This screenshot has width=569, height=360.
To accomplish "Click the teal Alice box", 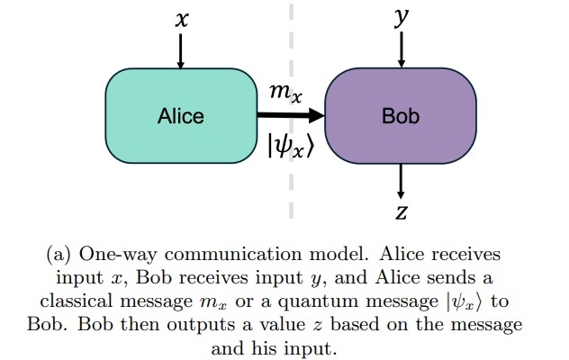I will coord(181,116).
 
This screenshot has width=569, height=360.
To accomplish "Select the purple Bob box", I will coord(400,116).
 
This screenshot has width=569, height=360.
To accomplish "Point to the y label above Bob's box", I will coord(400,19).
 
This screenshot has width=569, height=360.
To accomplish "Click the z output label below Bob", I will coord(402,213).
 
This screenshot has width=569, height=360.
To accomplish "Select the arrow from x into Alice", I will coord(181,52).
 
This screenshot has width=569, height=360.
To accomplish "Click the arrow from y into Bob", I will coord(400,50).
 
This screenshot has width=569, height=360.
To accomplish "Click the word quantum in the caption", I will coord(301,301).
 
